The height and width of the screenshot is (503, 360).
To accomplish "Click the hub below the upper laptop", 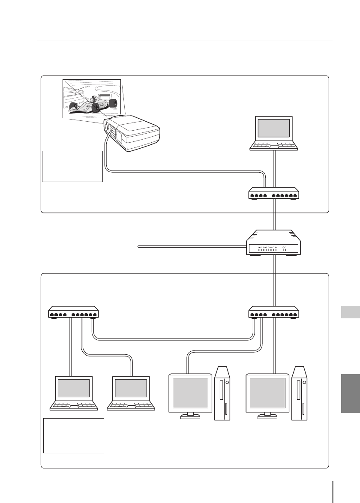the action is pos(273,194).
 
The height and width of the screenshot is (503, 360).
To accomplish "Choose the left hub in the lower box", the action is pos(74,312).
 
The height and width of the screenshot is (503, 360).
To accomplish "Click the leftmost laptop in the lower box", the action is pos(74,393).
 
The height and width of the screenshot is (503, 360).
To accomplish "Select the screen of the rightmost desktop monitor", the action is pos(267,393).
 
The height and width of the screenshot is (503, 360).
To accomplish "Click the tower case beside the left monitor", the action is pos(222,393).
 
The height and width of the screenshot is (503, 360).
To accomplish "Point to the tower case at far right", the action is pos(299,393).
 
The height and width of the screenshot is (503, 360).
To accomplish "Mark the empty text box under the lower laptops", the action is pos(74,436).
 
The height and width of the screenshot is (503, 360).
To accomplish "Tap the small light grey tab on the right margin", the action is pos(351,312).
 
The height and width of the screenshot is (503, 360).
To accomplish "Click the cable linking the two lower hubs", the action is pos(171,340).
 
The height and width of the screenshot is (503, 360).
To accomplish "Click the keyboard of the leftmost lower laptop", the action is pos(74,405).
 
